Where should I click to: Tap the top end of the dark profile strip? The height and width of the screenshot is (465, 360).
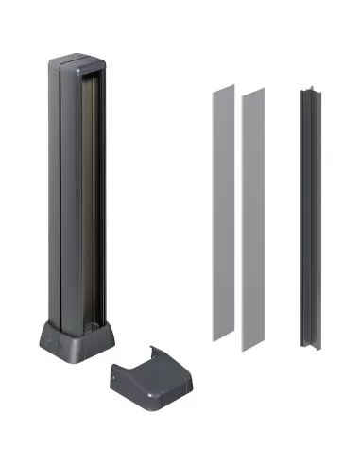tap(312, 93)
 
